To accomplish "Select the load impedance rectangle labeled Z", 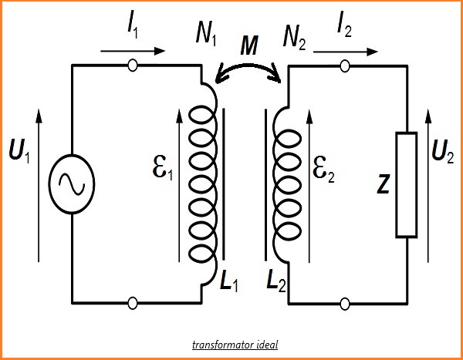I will click(x=406, y=184).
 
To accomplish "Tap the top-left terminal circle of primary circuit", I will click(x=133, y=66).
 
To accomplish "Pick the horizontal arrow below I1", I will click(x=132, y=52).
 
